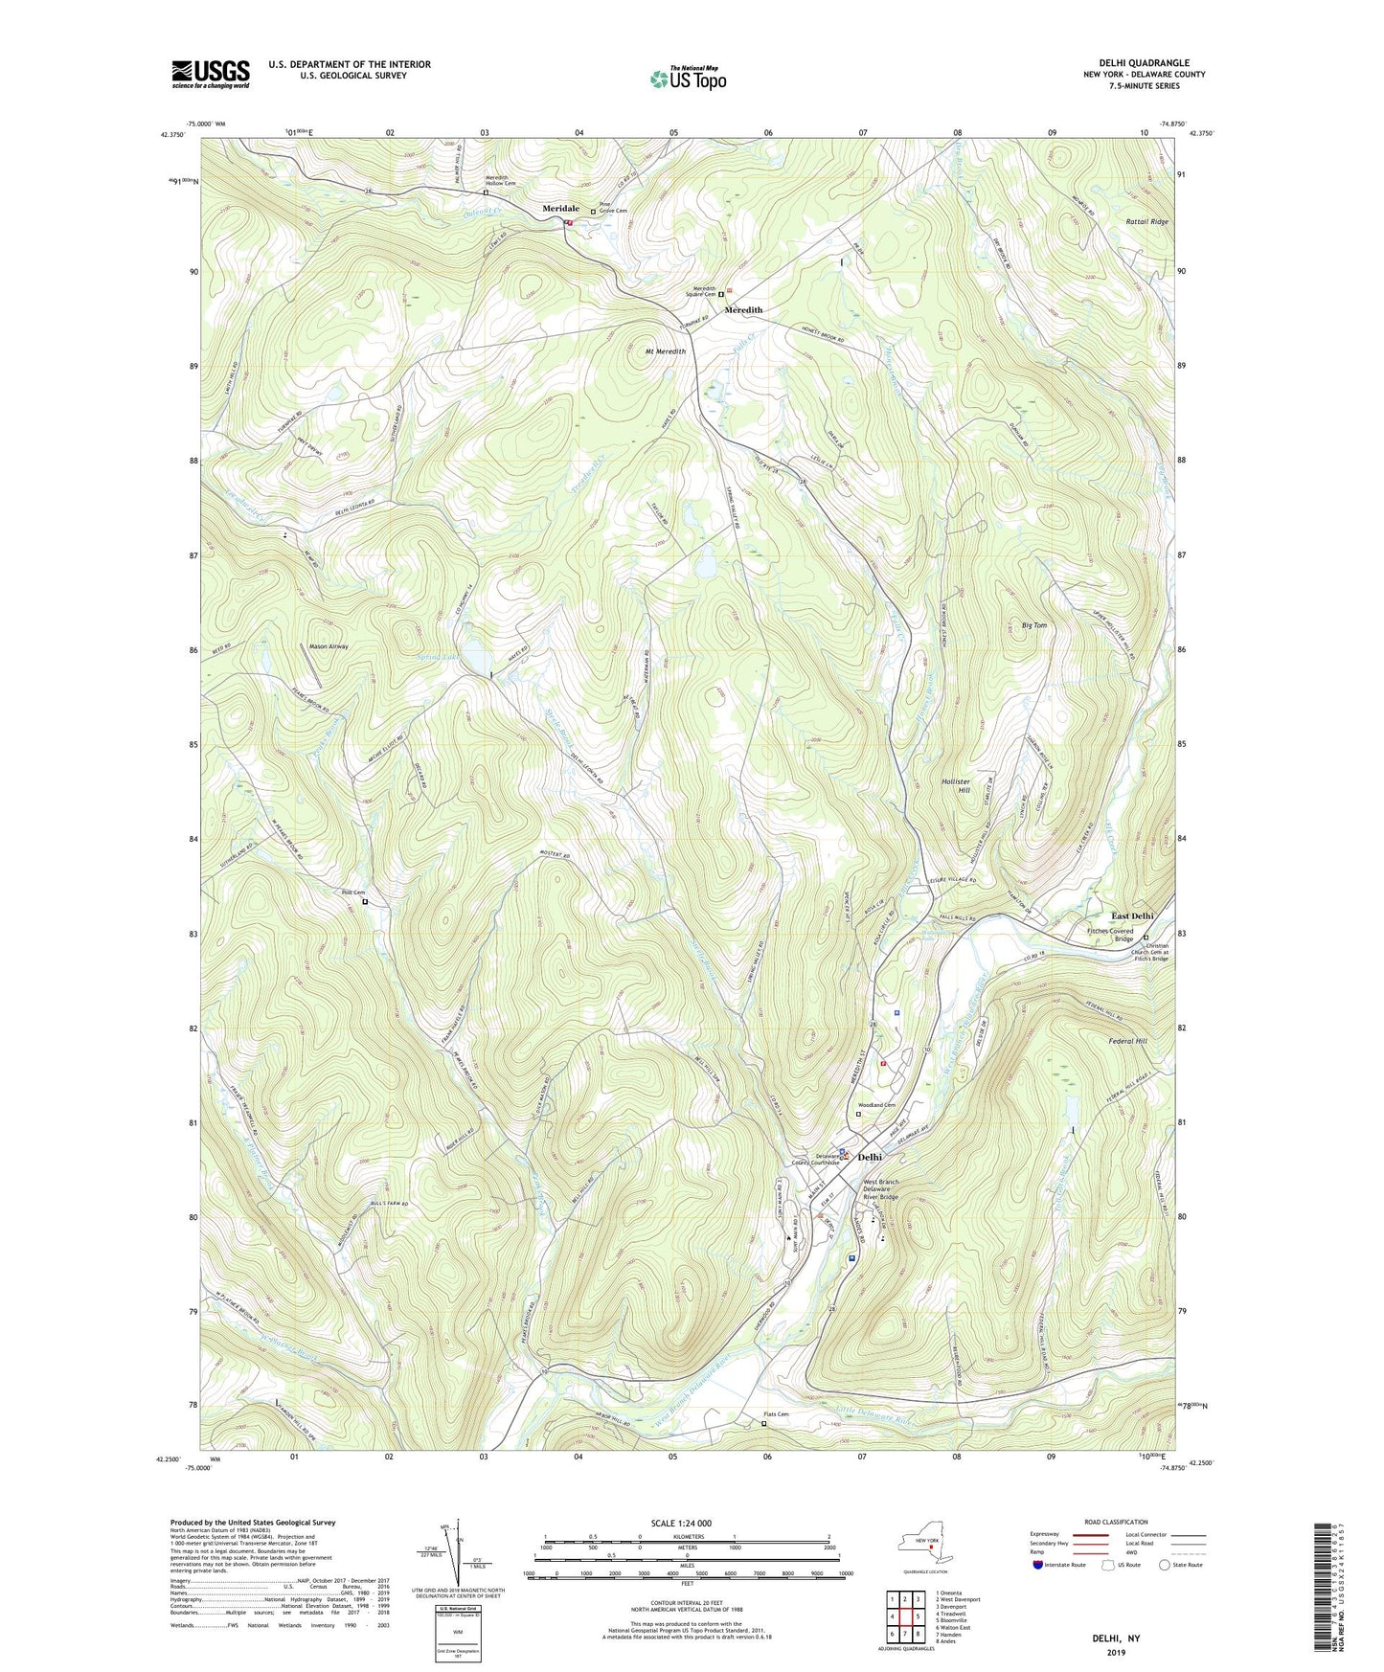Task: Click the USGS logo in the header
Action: point(211,74)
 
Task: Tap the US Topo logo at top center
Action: point(687,79)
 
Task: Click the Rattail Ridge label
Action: point(1146,221)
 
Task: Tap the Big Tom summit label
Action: point(1034,625)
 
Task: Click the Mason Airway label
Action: point(329,646)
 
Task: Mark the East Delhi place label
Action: point(1132,915)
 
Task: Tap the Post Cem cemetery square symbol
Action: point(365,902)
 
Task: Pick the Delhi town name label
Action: point(870,1157)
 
